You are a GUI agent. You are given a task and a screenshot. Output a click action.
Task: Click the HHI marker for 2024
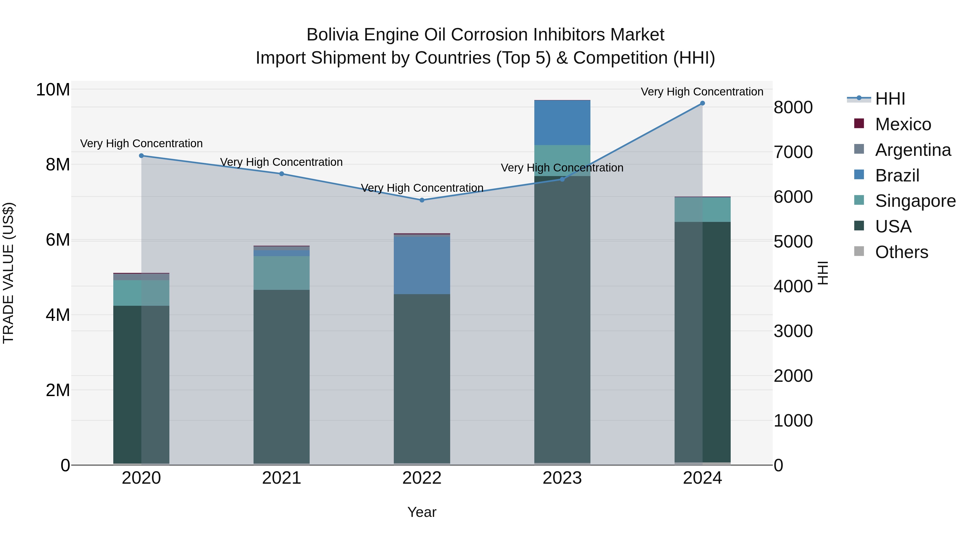702,103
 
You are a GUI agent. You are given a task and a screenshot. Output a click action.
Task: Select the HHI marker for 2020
141,156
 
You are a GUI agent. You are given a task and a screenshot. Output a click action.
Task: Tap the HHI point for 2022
422,200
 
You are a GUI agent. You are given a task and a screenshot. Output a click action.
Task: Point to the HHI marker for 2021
282,174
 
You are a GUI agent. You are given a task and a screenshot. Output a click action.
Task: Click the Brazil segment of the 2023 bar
562,123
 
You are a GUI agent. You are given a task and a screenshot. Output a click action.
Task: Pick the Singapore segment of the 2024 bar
702,210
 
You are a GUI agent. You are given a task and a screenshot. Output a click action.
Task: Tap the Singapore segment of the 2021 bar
282,273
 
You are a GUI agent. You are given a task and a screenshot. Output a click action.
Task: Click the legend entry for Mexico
902,124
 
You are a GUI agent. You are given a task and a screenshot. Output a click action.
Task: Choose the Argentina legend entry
912,150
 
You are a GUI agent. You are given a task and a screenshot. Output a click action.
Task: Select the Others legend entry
901,252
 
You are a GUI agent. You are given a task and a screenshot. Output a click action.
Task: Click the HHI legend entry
890,99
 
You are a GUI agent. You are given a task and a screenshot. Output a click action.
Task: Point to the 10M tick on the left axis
53,90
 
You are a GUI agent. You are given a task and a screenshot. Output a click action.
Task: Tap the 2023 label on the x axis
562,478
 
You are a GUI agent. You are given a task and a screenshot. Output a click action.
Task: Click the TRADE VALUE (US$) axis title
8,273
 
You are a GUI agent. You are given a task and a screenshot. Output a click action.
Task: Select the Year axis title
422,512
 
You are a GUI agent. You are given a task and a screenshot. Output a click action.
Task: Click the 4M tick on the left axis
58,315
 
